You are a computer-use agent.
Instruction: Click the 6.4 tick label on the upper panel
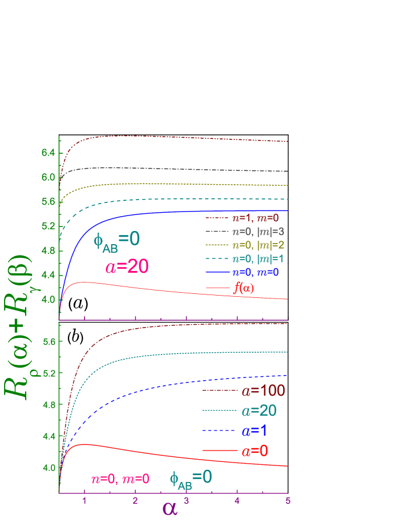click(x=47, y=153)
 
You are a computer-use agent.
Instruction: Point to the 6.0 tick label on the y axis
click(x=47, y=177)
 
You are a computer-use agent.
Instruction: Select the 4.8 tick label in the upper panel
click(x=47, y=250)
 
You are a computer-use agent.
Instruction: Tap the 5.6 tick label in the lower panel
click(x=47, y=342)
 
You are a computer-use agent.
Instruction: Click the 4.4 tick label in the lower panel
click(x=47, y=436)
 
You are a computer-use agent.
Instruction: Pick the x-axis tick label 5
click(x=288, y=501)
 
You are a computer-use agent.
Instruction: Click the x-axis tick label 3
click(x=186, y=501)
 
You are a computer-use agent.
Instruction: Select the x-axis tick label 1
click(x=84, y=501)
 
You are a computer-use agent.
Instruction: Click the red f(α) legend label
click(x=244, y=288)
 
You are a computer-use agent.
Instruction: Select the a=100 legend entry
click(x=263, y=391)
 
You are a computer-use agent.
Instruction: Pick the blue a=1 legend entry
click(x=255, y=431)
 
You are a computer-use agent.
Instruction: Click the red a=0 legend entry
click(x=255, y=451)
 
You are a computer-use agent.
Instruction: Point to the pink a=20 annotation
click(x=127, y=266)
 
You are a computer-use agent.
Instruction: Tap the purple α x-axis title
click(x=170, y=508)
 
